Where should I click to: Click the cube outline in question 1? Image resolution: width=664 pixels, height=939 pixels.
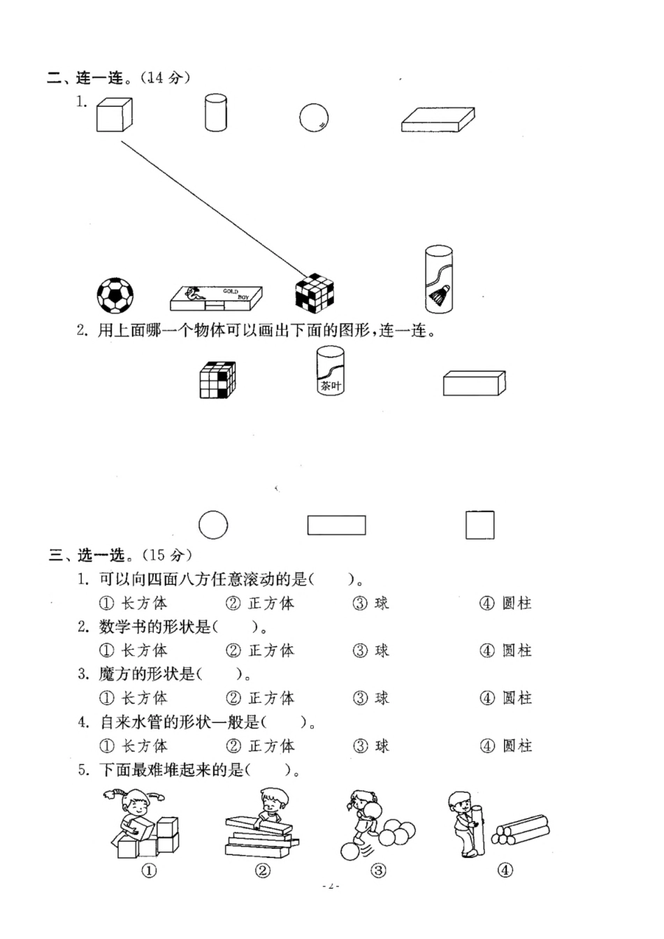[x=114, y=115]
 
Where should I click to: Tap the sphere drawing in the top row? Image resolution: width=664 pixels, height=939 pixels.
[x=314, y=117]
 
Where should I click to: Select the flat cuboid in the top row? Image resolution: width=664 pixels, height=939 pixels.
[x=438, y=119]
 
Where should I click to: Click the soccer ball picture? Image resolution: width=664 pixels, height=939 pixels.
[x=115, y=295]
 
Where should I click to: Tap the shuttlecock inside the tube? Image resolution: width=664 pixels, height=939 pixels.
[x=438, y=298]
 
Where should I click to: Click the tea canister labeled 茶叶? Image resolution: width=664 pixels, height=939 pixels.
[x=330, y=370]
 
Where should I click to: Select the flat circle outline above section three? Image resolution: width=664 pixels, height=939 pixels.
[x=213, y=525]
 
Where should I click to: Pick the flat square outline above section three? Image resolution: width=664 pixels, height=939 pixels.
[x=480, y=525]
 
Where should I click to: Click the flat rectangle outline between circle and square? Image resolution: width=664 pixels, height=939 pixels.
[x=337, y=525]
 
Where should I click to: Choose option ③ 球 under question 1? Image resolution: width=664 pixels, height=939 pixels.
[x=371, y=603]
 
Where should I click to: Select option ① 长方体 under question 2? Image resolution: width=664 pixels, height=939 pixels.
[x=133, y=650]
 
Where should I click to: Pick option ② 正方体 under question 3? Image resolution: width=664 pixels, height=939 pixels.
[x=260, y=698]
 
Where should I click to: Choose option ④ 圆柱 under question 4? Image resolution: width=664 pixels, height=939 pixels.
[x=506, y=745]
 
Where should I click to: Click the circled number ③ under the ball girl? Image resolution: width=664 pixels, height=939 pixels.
[x=378, y=871]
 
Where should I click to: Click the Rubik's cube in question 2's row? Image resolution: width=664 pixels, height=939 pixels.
[x=217, y=380]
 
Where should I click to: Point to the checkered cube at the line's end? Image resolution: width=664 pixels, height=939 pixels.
[x=314, y=292]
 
